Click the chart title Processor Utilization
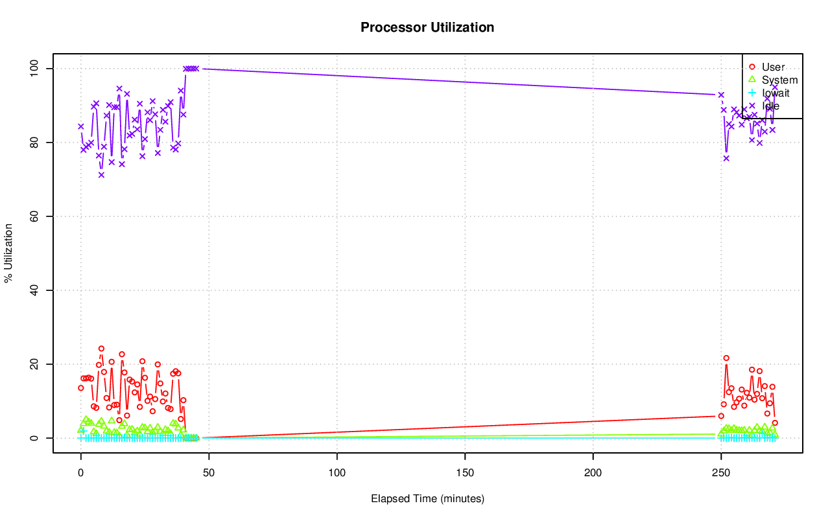(427, 28)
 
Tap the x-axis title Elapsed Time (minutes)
(427, 499)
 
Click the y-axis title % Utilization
(9, 253)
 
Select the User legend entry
(773, 67)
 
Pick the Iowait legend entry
(776, 93)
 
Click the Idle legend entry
(770, 106)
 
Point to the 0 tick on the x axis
(80, 473)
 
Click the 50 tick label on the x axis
(209, 473)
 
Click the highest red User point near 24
(101, 349)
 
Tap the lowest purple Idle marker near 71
(101, 174)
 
